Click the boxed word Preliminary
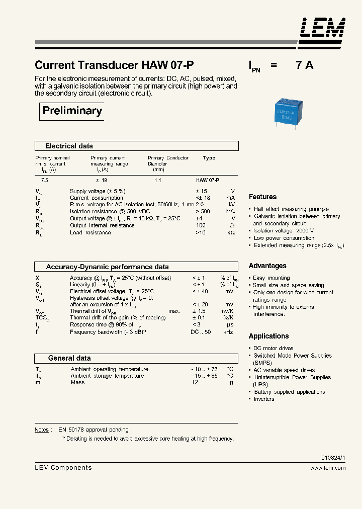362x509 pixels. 72,111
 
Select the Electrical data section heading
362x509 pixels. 69,146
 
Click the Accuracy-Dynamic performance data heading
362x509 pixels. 107,267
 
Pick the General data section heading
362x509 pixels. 69,358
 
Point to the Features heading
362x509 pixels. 262,197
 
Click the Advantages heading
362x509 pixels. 267,266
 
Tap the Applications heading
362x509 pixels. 268,336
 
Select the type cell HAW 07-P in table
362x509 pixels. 207,180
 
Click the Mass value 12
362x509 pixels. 195,382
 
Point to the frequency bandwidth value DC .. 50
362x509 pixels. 201,332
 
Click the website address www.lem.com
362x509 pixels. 328,468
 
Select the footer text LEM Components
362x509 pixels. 63,468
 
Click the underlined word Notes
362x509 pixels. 42,430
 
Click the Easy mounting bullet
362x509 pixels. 271,278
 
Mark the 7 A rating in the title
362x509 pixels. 304,65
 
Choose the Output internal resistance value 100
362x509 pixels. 201,226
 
